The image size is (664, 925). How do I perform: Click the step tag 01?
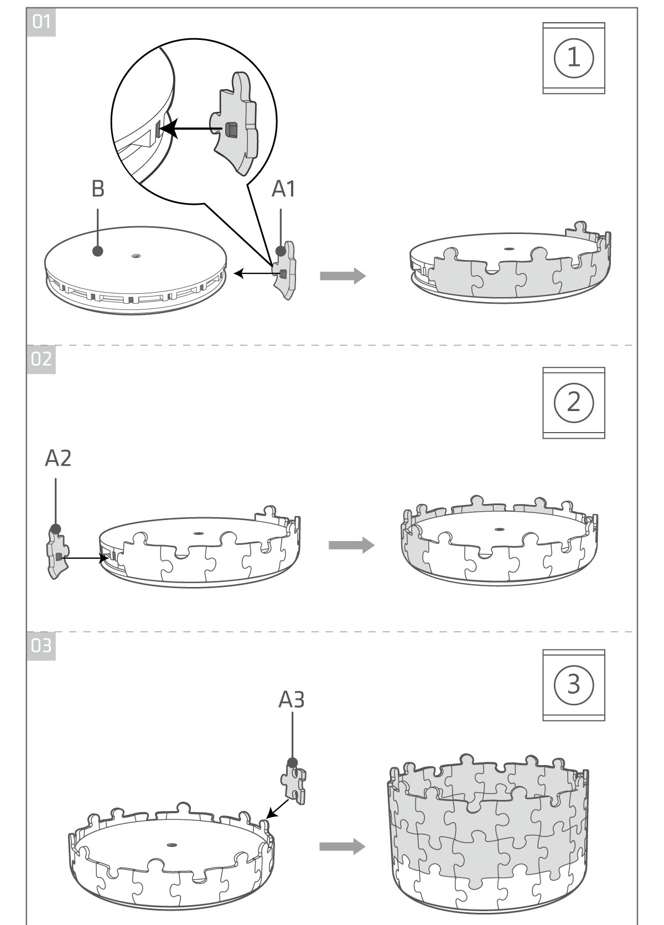click(41, 22)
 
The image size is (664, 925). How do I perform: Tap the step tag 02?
click(41, 360)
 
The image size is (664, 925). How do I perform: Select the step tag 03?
click(41, 645)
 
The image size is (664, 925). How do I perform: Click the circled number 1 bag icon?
click(573, 58)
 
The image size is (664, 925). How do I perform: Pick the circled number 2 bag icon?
click(573, 403)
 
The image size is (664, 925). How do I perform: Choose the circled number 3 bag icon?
click(573, 685)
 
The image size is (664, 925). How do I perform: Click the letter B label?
click(97, 189)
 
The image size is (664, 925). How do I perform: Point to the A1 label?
click(283, 189)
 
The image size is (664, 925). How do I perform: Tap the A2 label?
click(58, 458)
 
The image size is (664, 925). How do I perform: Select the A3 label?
click(291, 700)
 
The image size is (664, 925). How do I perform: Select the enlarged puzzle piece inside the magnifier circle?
click(235, 124)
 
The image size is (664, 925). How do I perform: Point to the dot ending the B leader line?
click(98, 251)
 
